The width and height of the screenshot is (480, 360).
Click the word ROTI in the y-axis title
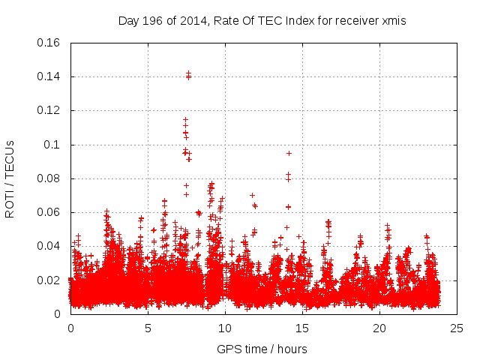10,203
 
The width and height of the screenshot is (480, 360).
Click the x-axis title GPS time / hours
262,349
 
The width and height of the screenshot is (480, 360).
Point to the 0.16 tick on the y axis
49,43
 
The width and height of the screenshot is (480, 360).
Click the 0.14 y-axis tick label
49,76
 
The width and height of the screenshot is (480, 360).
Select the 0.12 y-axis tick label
49,110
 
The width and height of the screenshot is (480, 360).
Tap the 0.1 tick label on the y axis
52,145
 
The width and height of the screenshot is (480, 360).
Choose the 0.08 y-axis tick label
49,178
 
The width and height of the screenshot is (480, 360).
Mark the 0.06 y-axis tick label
49,212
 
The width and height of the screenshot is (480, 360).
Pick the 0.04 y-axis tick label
49,246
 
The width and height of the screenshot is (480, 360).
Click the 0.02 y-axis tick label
49,280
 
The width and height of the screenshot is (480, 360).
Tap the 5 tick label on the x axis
148,328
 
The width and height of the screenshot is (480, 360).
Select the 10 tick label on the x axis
225,328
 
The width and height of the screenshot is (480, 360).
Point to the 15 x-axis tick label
302,328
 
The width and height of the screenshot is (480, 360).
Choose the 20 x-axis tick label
379,328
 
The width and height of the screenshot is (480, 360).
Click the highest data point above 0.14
188,73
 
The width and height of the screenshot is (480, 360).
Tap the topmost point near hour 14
289,153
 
